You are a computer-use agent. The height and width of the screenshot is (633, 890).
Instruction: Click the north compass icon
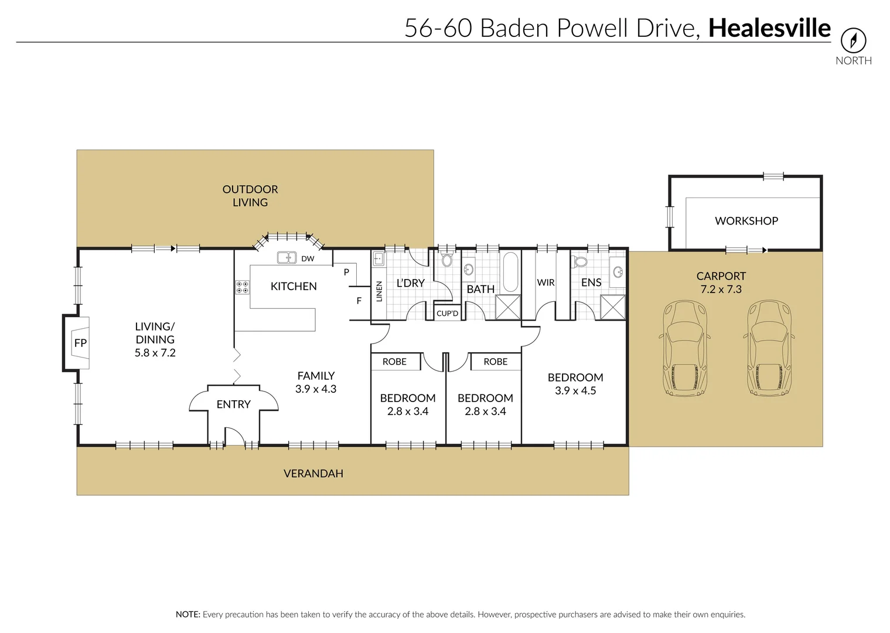click(853, 40)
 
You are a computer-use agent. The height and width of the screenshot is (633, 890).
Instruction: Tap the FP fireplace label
click(80, 343)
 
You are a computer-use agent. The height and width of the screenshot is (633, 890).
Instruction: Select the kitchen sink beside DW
click(287, 257)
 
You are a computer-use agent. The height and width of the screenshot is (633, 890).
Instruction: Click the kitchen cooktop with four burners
click(242, 287)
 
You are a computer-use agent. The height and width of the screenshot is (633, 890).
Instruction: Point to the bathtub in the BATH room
click(510, 271)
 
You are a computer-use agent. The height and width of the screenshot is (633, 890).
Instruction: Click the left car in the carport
click(684, 349)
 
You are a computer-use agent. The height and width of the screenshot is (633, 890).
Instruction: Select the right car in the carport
click(769, 349)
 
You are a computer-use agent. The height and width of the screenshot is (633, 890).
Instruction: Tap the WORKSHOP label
click(746, 221)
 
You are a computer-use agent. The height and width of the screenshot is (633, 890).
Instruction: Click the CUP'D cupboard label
click(447, 314)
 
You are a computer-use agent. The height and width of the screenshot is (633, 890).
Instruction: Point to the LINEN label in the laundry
click(379, 291)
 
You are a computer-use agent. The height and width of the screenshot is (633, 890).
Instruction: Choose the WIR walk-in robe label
click(545, 283)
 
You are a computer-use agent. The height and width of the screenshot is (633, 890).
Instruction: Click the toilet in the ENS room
click(580, 261)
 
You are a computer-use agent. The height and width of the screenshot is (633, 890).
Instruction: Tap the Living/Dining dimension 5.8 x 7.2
click(155, 353)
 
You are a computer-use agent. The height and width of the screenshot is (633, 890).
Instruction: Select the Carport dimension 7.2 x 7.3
click(721, 289)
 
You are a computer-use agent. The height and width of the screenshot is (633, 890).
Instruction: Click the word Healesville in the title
click(769, 28)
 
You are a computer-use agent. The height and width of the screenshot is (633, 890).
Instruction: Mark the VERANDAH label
click(313, 474)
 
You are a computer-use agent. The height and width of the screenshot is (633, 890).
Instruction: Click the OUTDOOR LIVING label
click(250, 196)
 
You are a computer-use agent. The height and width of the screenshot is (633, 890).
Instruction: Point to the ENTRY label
click(233, 404)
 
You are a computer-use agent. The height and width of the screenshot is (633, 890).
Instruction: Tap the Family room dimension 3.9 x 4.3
click(316, 389)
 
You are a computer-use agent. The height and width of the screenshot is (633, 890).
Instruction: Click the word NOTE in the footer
click(187, 614)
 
